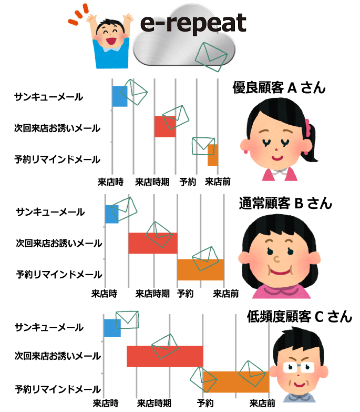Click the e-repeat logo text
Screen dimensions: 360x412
(193, 23)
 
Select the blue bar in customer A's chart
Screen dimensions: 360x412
(120, 96)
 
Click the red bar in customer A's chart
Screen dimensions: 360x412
(165, 126)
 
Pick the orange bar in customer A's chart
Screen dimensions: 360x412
(213, 155)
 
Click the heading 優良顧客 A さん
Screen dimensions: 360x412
(279, 87)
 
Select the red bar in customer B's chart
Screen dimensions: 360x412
(153, 243)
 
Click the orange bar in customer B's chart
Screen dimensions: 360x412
(200, 269)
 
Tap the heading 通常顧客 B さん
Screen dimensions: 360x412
(285, 204)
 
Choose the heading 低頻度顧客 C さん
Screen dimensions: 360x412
(300, 316)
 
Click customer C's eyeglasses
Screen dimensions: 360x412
(299, 367)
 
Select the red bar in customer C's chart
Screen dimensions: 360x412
(165, 356)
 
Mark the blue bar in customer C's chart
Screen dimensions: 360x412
(112, 328)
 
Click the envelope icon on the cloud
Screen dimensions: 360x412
(211, 57)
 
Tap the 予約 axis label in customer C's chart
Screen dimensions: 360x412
(205, 403)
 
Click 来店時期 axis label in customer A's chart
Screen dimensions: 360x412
(152, 182)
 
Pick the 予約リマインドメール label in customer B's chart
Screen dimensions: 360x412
(59, 274)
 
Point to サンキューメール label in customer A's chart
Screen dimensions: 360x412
(48, 97)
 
